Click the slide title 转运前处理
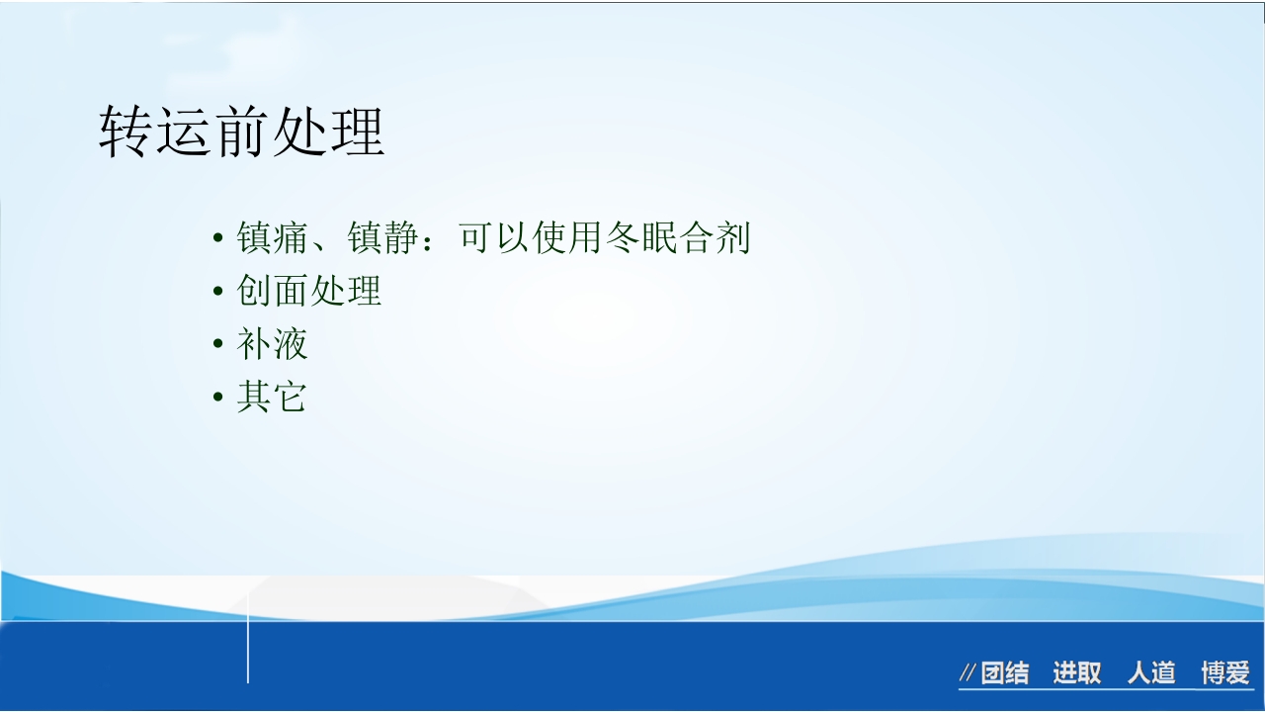[x=241, y=133]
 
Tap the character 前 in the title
[x=241, y=133]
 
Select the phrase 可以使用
[x=530, y=238]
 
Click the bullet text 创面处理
[x=309, y=291]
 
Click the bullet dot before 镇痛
[x=218, y=240]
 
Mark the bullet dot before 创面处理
[x=218, y=293]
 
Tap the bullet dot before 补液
[x=218, y=345]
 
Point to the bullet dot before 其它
[x=218, y=399]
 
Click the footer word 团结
[x=1005, y=673]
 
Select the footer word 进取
[x=1076, y=673]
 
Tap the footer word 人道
[x=1151, y=673]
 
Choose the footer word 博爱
[x=1225, y=673]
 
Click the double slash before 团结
[x=968, y=674]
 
